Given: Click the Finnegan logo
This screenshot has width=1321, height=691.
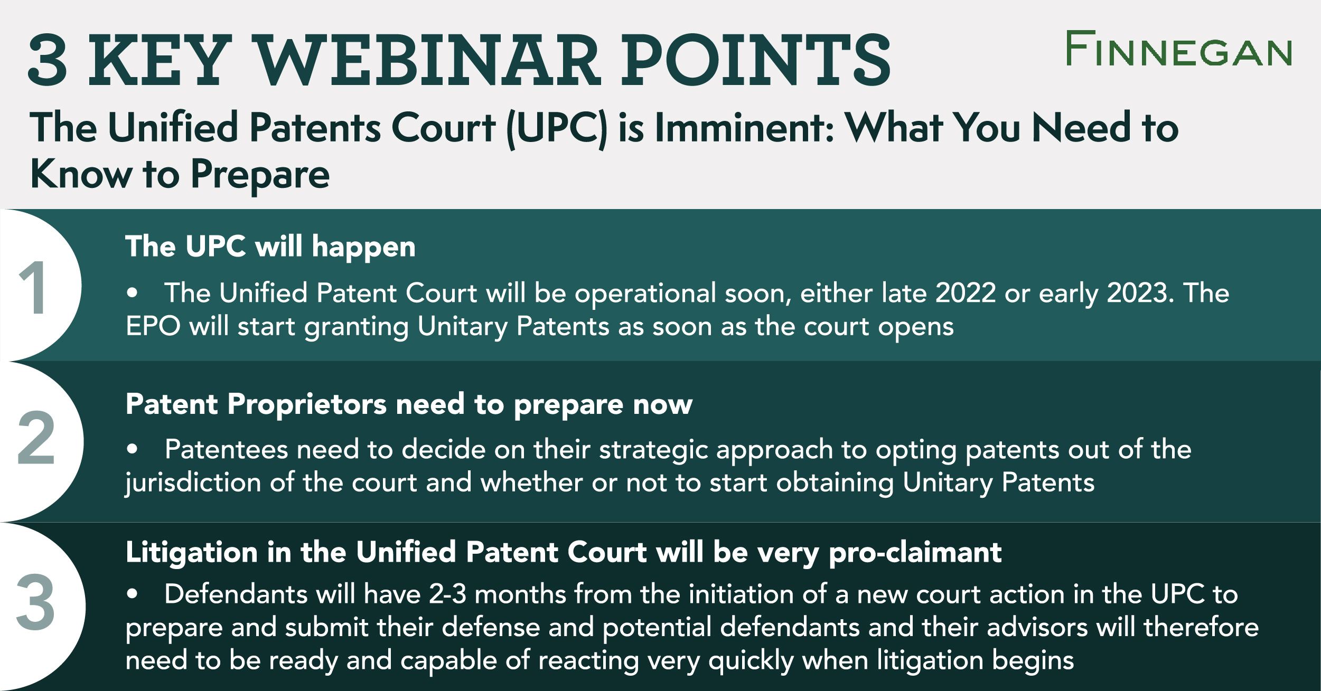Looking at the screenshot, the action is [x=1179, y=48].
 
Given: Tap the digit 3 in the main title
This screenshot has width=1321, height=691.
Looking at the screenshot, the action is [x=48, y=60].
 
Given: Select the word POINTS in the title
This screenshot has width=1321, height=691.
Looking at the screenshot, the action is [x=756, y=60].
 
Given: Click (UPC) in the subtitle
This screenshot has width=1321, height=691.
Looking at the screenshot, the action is [x=557, y=128].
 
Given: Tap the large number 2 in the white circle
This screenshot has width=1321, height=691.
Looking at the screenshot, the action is [x=36, y=438].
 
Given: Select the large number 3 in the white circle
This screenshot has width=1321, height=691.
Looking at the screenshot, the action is [x=35, y=602].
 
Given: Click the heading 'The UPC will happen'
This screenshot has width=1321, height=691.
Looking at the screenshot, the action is [x=270, y=247].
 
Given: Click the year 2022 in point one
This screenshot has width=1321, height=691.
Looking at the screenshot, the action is [x=966, y=293].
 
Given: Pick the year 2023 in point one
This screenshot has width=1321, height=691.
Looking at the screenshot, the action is [x=1137, y=293].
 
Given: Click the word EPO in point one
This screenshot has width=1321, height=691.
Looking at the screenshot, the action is [x=154, y=326].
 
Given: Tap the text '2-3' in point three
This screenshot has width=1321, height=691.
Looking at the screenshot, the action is [x=447, y=594].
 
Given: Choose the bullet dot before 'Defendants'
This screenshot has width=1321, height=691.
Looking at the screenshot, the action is [x=132, y=594].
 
